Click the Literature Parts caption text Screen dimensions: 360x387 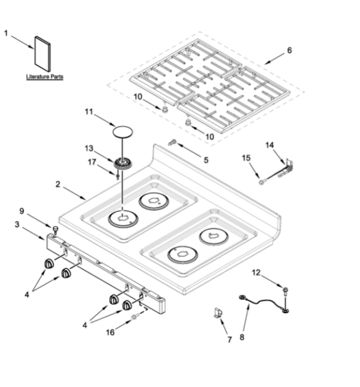tap(45, 77)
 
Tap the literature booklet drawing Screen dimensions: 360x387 tap(42, 54)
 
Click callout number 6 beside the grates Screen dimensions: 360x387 tap(289, 50)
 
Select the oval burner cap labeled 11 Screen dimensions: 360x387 tap(123, 132)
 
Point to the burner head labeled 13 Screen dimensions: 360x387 tap(123, 164)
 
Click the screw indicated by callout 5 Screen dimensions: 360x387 tap(172, 142)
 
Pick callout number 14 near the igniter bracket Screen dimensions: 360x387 tap(269, 145)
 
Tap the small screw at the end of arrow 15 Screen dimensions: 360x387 tap(261, 182)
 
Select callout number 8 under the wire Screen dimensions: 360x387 tap(242, 337)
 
